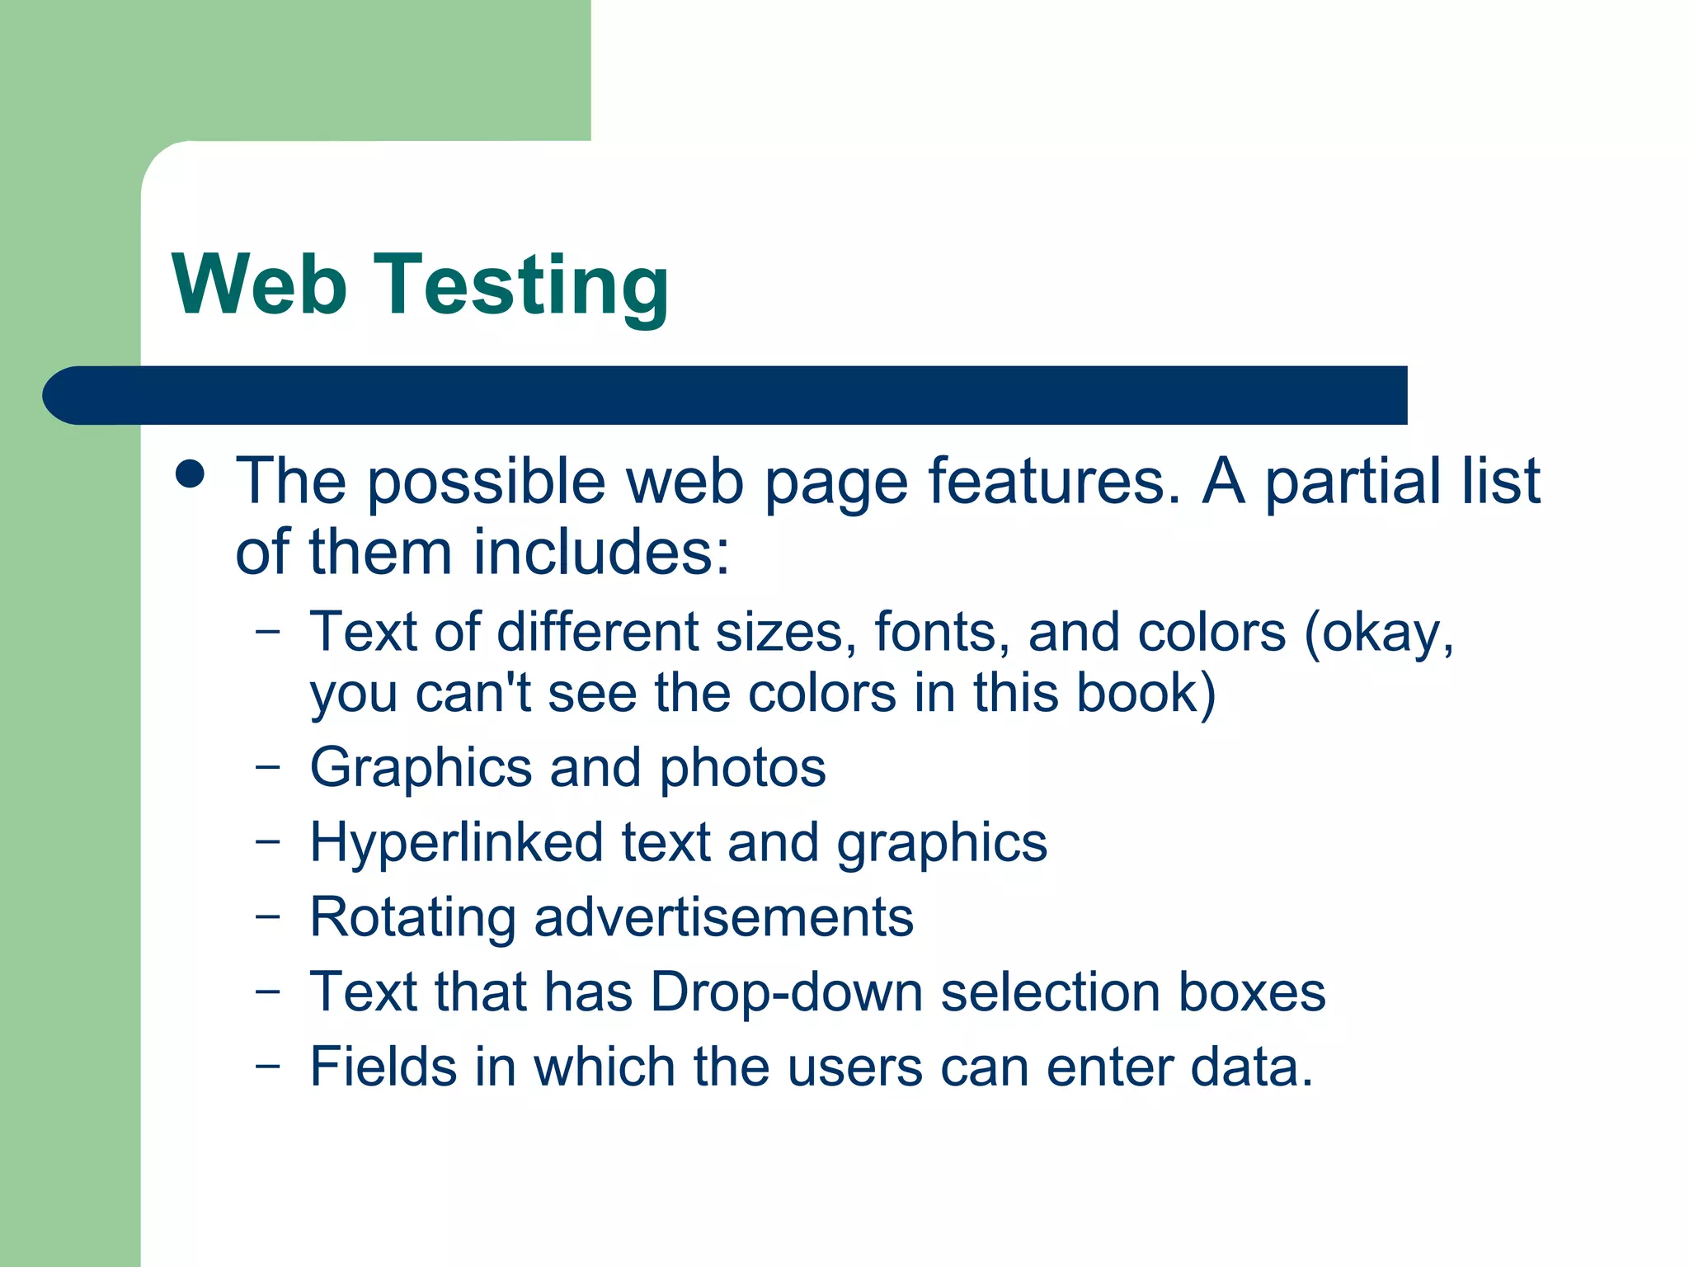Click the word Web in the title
click(x=259, y=285)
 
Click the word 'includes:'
click(x=602, y=552)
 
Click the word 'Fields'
click(x=383, y=1067)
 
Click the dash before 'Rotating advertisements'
click(x=268, y=916)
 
